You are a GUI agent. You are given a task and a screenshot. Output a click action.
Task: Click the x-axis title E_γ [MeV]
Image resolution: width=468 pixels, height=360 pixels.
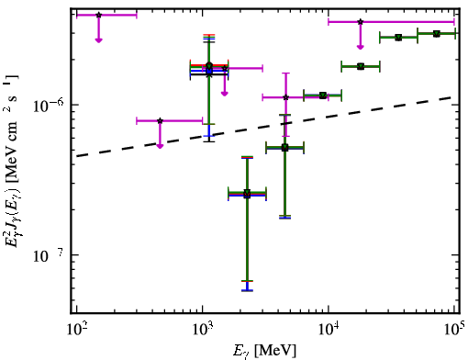click(264, 351)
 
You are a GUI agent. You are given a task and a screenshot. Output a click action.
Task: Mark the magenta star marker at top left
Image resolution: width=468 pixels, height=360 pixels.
click(98, 15)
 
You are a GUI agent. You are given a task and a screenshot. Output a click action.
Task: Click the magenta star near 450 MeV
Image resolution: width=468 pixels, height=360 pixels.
click(160, 120)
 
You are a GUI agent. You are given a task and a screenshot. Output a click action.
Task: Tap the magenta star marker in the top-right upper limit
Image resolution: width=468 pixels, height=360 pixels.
click(361, 22)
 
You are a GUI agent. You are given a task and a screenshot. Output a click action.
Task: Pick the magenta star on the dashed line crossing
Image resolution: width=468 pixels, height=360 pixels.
click(286, 97)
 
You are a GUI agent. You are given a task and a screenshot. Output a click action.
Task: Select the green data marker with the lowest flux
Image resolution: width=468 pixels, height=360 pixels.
click(247, 193)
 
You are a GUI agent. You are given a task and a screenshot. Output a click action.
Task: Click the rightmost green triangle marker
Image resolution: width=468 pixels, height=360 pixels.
click(437, 33)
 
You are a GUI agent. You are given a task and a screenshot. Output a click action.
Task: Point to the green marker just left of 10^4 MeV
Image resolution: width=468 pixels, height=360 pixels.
click(323, 96)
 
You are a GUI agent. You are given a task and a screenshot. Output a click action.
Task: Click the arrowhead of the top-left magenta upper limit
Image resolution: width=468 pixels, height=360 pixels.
click(98, 40)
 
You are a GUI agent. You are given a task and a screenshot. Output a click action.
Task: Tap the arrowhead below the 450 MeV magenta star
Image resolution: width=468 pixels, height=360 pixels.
click(160, 146)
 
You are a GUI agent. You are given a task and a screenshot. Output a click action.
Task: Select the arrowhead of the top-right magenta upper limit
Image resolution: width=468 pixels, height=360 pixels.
click(361, 47)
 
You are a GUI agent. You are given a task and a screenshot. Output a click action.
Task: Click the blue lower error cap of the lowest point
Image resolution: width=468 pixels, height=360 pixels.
click(247, 290)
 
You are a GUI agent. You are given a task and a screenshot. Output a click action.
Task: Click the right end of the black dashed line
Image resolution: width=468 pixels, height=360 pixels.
click(451, 97)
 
